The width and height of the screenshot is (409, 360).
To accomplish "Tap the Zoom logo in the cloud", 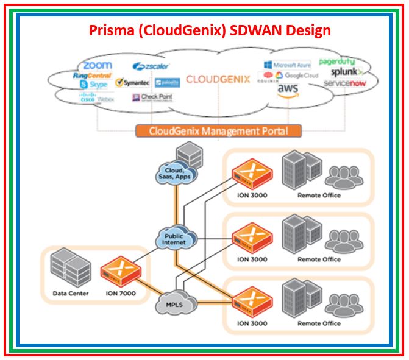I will [x=98, y=65].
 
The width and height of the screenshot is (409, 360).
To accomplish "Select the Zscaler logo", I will [x=151, y=66].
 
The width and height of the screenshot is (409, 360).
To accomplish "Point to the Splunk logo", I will [x=346, y=72].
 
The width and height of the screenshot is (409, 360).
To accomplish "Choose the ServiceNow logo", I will [x=344, y=83].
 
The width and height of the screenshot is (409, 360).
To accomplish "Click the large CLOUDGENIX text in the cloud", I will [x=218, y=79].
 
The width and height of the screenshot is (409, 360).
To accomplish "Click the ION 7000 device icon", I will [x=121, y=270].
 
